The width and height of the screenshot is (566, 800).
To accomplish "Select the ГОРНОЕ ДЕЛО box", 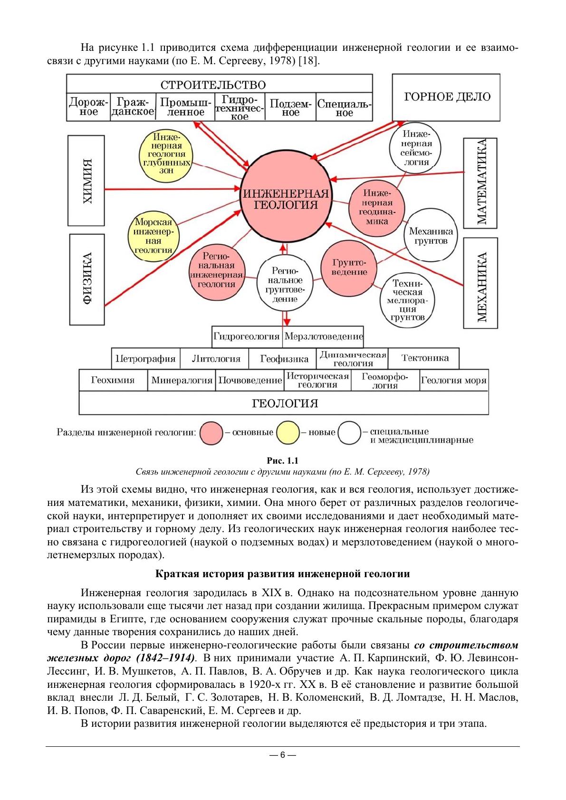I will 446,97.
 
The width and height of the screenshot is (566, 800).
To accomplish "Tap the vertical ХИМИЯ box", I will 86,181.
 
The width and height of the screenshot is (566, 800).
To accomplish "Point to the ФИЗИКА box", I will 87,278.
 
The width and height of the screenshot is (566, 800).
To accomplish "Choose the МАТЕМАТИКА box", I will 480,183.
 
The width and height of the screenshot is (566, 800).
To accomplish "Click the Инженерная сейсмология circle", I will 414,148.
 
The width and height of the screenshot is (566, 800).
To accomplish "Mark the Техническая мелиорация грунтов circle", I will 407,300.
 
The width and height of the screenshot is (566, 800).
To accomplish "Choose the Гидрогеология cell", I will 247,336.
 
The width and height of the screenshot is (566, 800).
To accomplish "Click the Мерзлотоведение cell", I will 323,336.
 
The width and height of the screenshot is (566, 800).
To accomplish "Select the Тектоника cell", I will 424,358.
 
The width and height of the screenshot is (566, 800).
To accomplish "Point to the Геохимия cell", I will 113,380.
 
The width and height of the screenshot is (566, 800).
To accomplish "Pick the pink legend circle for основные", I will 211,433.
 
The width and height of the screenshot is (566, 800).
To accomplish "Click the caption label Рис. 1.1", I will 283,461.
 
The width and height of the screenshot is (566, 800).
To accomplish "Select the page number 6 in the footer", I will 282,755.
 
